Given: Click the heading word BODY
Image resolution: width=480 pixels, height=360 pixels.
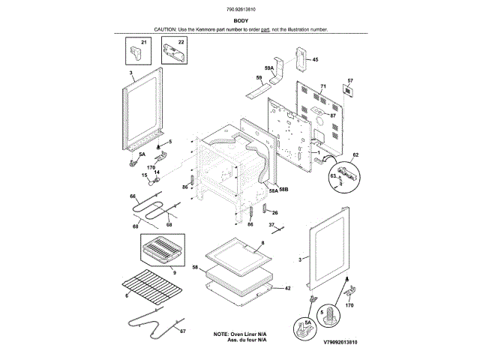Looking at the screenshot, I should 240,21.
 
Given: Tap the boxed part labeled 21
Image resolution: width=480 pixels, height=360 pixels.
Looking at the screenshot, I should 135,52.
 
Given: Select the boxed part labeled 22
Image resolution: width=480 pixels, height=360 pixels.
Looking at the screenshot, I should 174,53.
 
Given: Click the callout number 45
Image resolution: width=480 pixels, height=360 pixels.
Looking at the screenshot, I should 315,59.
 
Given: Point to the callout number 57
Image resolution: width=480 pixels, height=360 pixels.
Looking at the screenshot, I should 349,80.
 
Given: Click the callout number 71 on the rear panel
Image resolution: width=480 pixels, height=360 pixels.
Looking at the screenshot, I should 323,87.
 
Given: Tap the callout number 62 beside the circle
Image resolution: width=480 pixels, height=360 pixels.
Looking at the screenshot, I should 355,154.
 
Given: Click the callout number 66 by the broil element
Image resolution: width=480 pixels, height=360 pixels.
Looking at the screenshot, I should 133,196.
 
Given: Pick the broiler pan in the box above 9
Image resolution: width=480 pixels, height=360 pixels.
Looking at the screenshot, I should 162,249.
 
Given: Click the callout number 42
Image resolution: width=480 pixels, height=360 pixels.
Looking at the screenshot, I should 287,287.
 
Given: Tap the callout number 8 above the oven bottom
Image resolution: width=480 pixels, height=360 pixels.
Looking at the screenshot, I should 263,244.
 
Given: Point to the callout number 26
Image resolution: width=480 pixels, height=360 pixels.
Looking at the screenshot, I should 274,213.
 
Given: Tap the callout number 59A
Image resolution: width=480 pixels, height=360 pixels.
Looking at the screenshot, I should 268,69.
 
